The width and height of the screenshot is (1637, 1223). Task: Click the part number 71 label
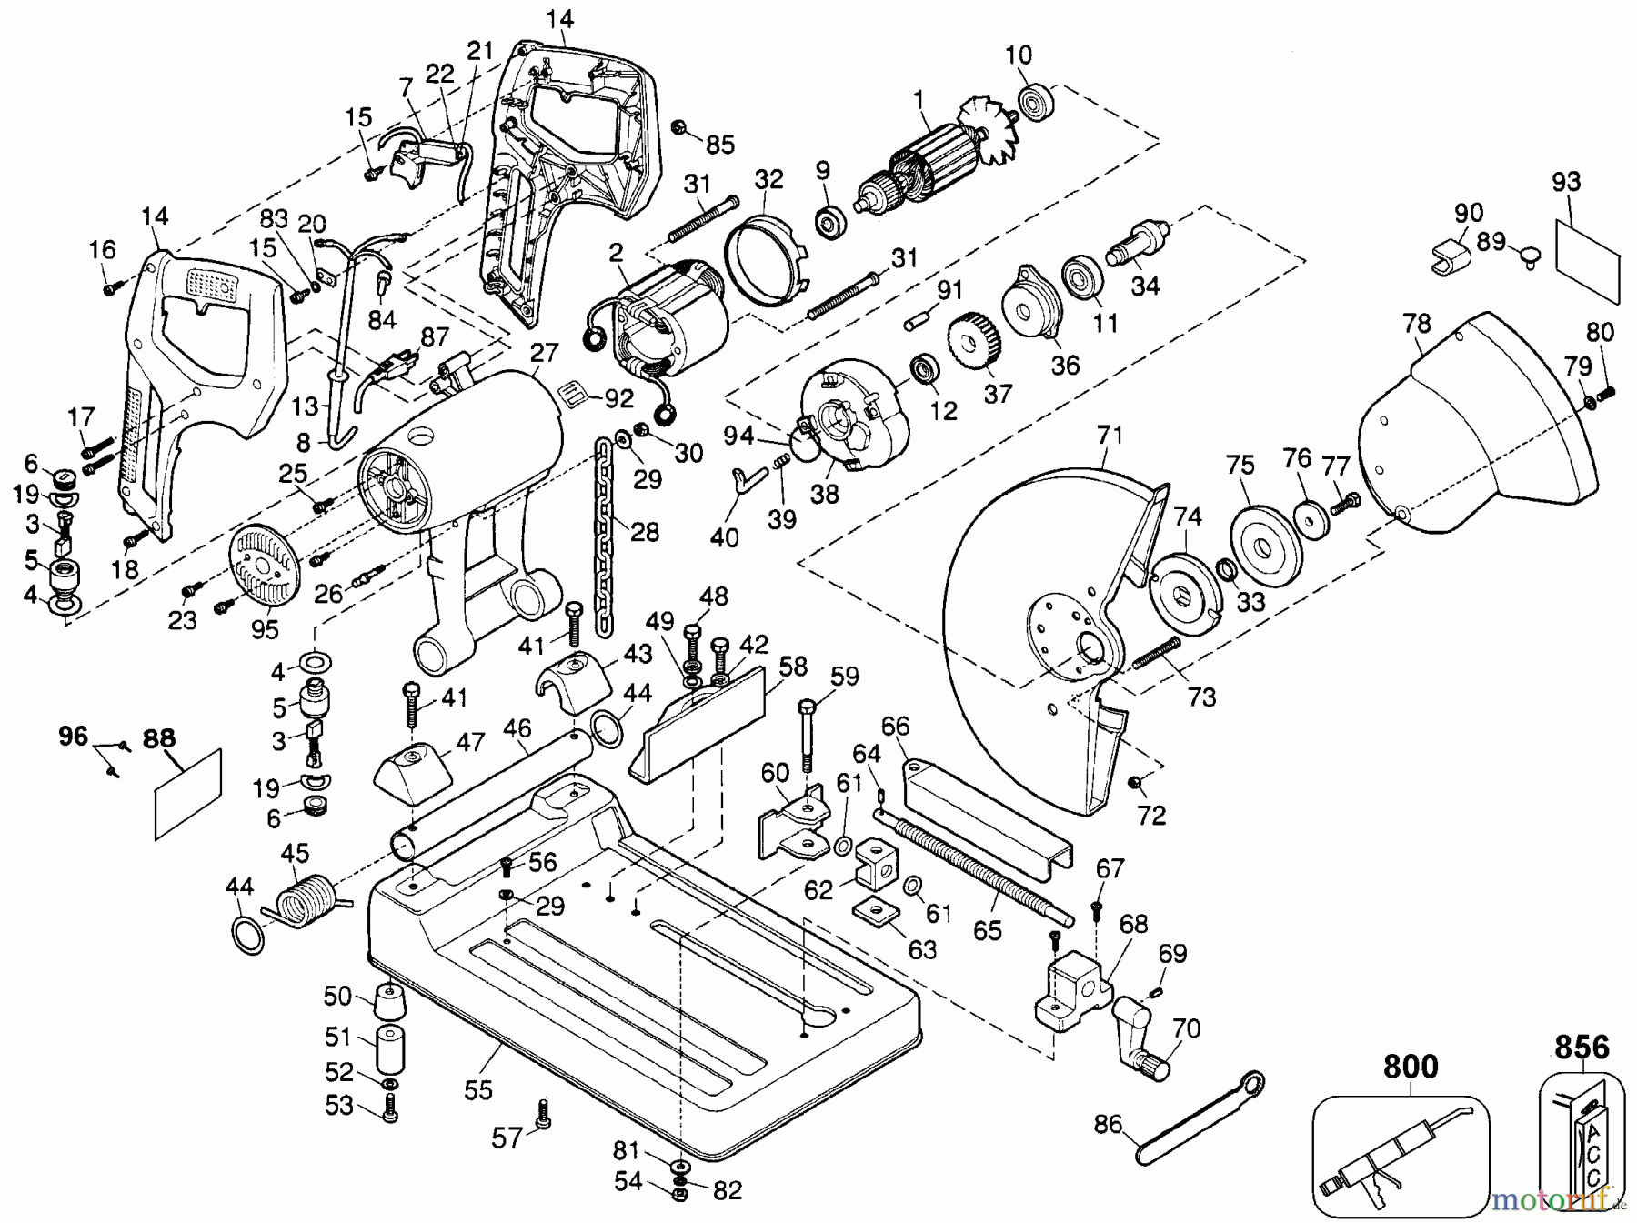[1110, 436]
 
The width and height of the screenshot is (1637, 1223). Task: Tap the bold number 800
[1411, 1067]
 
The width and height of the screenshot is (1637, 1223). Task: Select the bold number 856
[1582, 1048]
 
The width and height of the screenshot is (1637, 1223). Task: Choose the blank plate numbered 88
[189, 793]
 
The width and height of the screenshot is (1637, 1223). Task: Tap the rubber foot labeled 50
[390, 1004]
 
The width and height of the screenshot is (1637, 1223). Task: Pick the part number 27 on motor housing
[543, 353]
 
